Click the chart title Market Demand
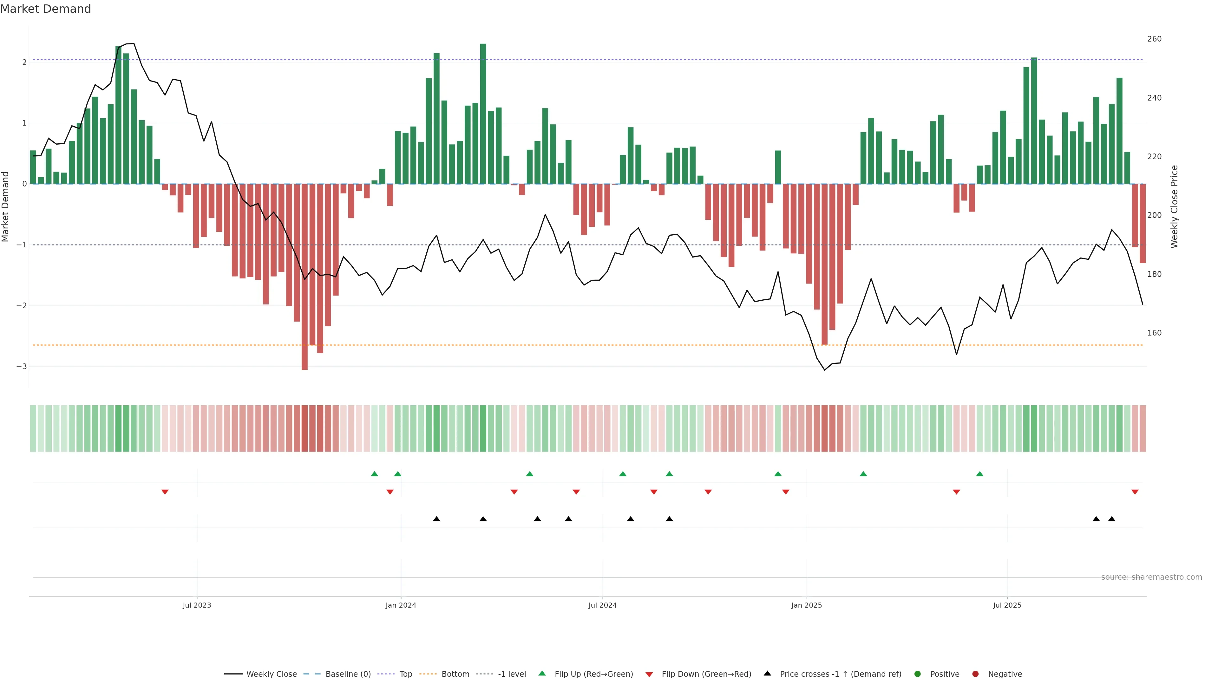pos(45,9)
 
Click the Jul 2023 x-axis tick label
pos(197,605)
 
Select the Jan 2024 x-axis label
pos(401,605)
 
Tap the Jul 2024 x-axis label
pos(602,605)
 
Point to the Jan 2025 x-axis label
pos(806,605)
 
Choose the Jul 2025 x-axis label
pos(1007,605)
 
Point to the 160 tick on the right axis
pos(1154,333)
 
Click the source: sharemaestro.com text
pos(1151,577)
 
